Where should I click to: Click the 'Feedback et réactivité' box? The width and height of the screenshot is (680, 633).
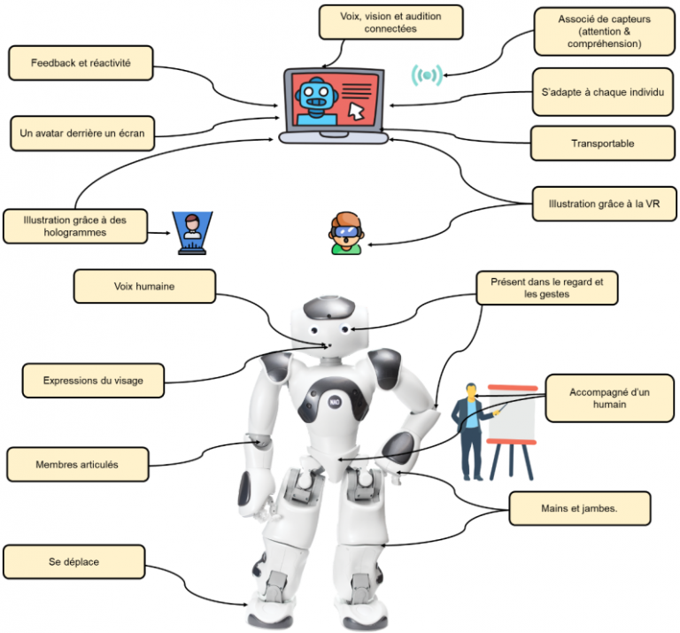click(x=80, y=64)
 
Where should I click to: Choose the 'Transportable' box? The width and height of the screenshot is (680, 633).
click(x=601, y=143)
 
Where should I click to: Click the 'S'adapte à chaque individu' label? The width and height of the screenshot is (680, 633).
click(x=601, y=92)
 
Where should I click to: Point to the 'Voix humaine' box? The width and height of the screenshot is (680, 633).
click(x=143, y=287)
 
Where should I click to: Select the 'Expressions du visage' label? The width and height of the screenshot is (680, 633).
click(x=93, y=381)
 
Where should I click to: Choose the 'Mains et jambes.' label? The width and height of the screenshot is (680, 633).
click(x=581, y=508)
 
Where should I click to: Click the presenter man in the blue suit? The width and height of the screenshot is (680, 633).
click(x=470, y=430)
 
